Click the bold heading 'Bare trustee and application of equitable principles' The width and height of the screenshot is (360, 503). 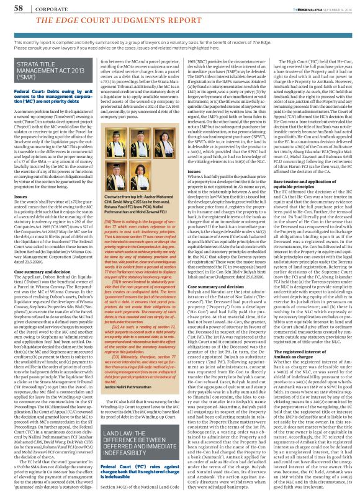pos(308,165)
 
